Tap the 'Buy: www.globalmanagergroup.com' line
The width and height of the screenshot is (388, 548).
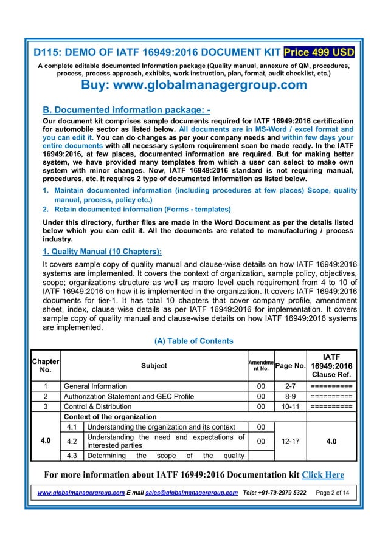(194, 85)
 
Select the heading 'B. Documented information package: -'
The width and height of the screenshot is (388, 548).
(126, 111)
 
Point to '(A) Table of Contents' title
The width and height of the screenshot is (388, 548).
(195, 341)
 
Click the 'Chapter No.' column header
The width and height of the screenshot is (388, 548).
(46, 365)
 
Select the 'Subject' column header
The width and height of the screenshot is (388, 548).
(154, 366)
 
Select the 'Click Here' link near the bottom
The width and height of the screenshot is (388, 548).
(323, 474)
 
